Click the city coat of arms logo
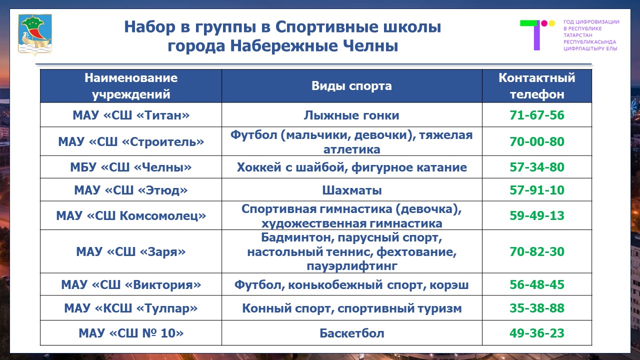coord(35,34)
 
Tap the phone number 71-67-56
coord(537,115)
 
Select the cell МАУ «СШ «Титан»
coord(131,115)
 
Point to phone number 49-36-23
coord(537,333)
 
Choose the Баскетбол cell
coord(351,333)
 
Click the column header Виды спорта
coord(351,86)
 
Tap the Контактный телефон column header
coord(537,86)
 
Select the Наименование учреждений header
coord(131,86)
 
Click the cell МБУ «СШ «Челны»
coord(131,167)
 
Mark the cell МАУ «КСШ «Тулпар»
coord(131,308)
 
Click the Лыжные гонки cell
coord(351,115)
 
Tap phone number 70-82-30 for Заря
coord(537,251)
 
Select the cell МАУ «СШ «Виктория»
coord(131,285)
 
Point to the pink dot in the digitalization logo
coord(544,23)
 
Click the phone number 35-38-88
coord(537,308)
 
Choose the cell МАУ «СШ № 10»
coord(131,333)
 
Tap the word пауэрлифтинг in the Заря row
coord(351,266)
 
